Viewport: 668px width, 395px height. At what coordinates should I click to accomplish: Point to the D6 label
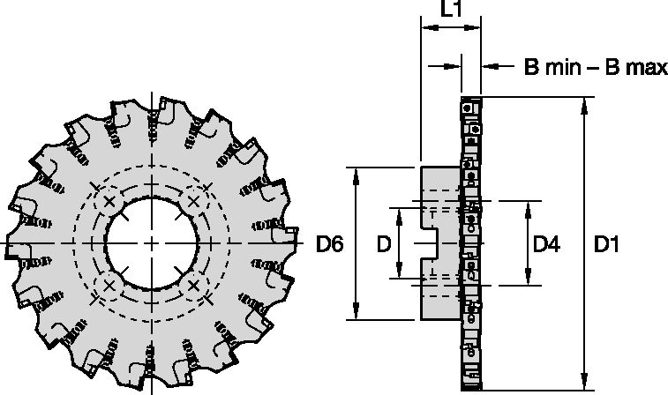(331, 243)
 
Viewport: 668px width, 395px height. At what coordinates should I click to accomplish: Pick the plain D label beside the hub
(385, 243)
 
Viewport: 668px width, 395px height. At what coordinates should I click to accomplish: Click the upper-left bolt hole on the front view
(109, 202)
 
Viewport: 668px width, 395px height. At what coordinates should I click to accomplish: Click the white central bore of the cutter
(152, 242)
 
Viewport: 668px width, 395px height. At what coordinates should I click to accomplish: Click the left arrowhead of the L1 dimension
(427, 28)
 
